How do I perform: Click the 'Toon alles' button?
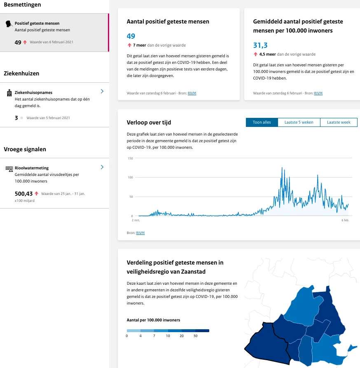click(x=262, y=122)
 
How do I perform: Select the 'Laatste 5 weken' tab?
click(x=299, y=122)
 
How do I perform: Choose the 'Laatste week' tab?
click(x=339, y=122)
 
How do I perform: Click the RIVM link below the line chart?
click(x=140, y=233)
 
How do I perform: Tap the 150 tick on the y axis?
click(x=130, y=158)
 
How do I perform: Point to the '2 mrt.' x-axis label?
click(x=136, y=220)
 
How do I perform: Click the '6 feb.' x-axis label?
click(x=345, y=220)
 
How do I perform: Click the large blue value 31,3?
click(x=260, y=45)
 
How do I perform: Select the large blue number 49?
click(x=131, y=36)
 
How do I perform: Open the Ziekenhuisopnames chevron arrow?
click(x=102, y=91)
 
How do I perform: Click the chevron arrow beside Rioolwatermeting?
click(x=102, y=167)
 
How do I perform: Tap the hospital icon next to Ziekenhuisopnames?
click(x=9, y=93)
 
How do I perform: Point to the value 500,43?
click(x=23, y=194)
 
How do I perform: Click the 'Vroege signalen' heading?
click(x=25, y=149)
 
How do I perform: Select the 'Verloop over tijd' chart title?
click(x=149, y=122)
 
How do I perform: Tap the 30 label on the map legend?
click(x=196, y=336)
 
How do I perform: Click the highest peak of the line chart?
click(x=282, y=168)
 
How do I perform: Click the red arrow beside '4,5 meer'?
click(x=256, y=54)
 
